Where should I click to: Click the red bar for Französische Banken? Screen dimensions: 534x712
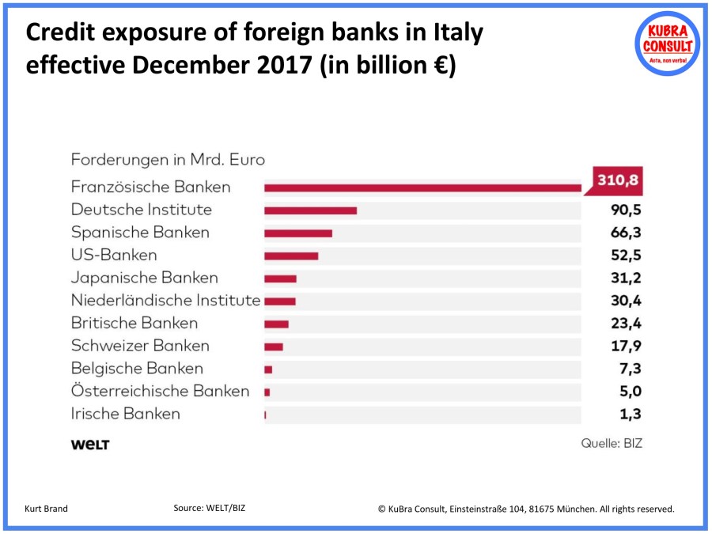coord(422,187)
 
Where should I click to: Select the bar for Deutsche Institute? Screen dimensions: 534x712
coord(310,210)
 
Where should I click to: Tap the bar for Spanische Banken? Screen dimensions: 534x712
coord(298,233)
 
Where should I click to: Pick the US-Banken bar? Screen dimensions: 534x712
coord(291,256)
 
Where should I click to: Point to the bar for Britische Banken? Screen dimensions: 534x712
coord(276,324)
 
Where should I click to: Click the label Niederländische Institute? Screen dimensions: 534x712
coord(165,301)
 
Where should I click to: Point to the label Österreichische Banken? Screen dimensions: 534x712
coord(160,392)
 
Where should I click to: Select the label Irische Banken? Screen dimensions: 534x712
coord(125,414)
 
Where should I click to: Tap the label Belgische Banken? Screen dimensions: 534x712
coord(137,369)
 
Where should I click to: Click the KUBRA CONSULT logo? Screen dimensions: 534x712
coord(668,44)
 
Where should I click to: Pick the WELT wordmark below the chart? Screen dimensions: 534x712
coord(90,445)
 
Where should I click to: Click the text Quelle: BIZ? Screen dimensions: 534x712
coord(612,444)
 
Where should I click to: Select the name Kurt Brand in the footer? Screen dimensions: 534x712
coord(47,509)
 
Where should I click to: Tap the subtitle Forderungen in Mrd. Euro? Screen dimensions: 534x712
coord(168,159)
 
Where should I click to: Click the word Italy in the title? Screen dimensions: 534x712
coord(454,33)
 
